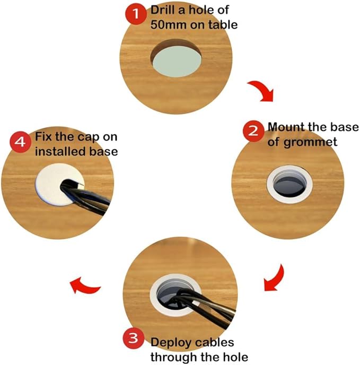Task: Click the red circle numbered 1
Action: coord(136,14)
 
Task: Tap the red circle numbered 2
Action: coord(253,131)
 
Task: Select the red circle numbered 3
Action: coord(134,338)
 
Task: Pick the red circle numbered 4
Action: coord(21,142)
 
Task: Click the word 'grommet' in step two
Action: coord(311,143)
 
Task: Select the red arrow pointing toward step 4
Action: coord(84,285)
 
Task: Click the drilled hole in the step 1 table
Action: coord(176,58)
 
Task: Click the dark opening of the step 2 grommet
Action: coord(289,185)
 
